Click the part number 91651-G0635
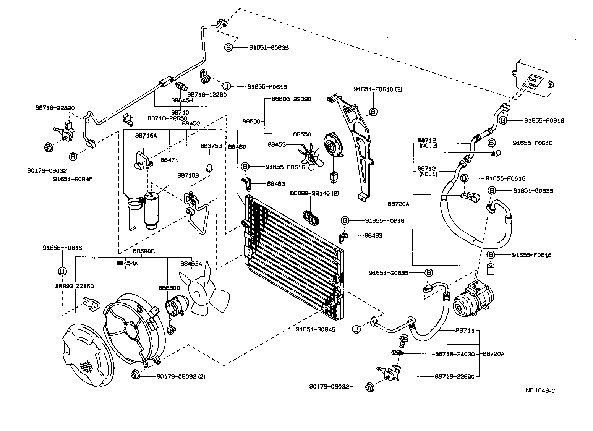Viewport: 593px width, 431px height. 269,48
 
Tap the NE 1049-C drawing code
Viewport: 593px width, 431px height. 540,390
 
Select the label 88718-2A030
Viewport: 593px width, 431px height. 455,354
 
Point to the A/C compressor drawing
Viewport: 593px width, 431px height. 473,298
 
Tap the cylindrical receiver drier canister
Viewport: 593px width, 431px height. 151,211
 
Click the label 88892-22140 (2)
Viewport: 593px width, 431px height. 314,193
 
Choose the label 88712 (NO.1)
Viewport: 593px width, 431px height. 427,171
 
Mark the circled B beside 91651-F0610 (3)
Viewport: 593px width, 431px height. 373,112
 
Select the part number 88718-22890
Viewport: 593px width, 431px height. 454,376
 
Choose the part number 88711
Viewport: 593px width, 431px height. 465,331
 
